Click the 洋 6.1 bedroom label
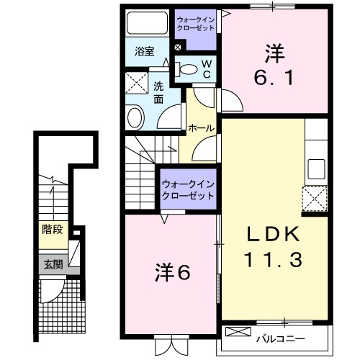275,64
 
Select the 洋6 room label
171,272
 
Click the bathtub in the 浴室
147,26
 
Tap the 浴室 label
145,51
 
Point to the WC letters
205,69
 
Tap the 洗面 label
158,91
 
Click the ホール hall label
200,128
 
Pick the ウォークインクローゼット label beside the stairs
188,189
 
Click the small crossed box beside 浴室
177,49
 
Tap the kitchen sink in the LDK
316,169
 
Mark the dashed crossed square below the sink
315,197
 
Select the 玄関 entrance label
53,264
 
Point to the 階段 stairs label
53,232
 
